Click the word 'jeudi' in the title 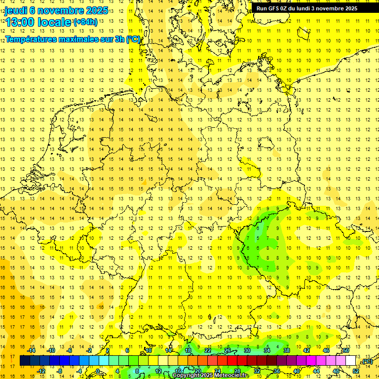(x=16, y=10)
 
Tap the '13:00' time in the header (x=20, y=22)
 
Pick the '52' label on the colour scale (x=356, y=371)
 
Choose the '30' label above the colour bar (x=247, y=350)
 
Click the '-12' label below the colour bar (x=41, y=371)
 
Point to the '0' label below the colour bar (x=98, y=371)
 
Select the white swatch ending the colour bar (x=350, y=361)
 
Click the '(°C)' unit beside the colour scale (x=367, y=361)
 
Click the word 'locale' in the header (x=56, y=22)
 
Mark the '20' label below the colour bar (x=197, y=371)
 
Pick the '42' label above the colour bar (x=306, y=350)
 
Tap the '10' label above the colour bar (x=148, y=350)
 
